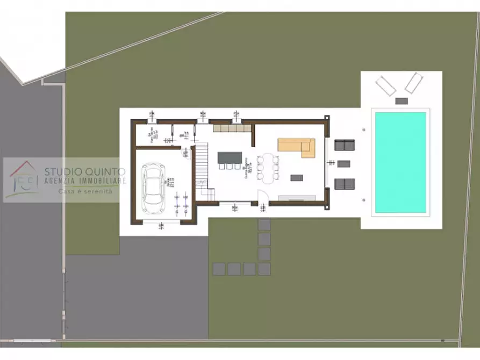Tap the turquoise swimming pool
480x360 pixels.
(x=400, y=162)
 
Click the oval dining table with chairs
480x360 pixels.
(x=268, y=167)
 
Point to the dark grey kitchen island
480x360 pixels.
(x=230, y=157)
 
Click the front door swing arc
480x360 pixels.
(x=263, y=197)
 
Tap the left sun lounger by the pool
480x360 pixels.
(x=386, y=85)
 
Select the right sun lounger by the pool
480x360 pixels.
(x=413, y=83)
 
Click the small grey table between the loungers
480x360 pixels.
(x=401, y=100)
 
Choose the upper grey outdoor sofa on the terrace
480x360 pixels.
(x=345, y=145)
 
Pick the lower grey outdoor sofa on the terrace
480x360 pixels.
(x=345, y=184)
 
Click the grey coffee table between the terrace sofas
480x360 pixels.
(x=344, y=164)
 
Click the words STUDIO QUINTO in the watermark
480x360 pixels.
(x=85, y=171)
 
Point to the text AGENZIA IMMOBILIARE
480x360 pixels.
(x=85, y=181)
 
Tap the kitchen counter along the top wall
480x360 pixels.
(x=231, y=129)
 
